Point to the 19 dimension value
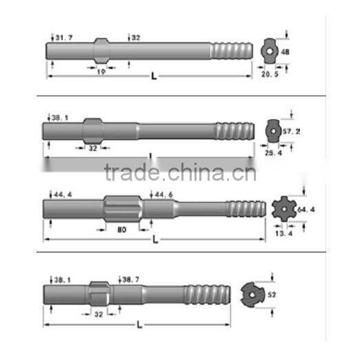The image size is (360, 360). (101, 70)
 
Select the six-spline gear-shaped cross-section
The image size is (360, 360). (283, 208)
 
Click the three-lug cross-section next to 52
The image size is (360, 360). (253, 296)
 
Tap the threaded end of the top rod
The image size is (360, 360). (230, 51)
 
